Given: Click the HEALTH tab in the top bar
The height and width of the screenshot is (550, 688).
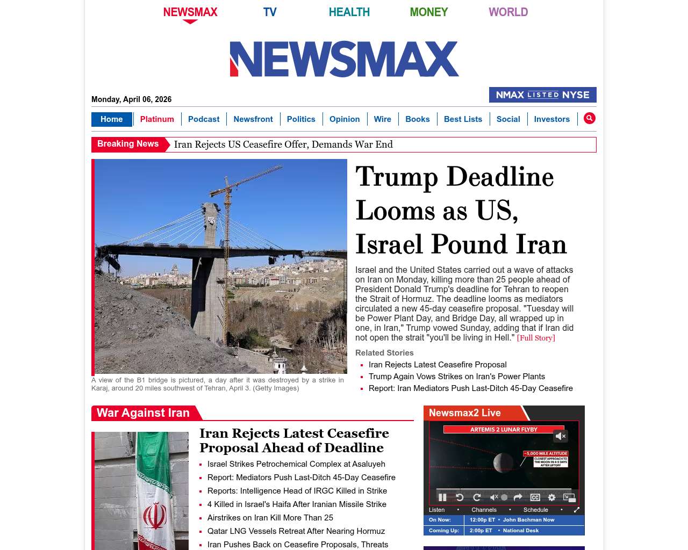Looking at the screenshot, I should coord(349,12).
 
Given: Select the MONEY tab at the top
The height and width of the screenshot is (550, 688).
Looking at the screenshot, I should coord(428,12).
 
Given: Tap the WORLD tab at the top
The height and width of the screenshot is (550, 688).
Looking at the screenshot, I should coord(508,12).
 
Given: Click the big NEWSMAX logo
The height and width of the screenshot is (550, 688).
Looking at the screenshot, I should coord(344,59).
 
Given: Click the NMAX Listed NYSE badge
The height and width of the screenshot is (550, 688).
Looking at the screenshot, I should coord(542,95).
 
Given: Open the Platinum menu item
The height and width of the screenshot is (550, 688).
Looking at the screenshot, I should coord(157,119).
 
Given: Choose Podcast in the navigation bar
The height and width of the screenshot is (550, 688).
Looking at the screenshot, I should coord(204,119).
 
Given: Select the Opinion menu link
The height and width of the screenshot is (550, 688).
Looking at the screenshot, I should coord(345,119).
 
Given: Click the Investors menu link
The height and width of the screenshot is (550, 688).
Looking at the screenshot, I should coord(551,119).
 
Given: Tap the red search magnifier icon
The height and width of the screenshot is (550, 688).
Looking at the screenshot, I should coord(590,118).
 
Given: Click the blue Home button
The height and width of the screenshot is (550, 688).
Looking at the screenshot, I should coord(111,119).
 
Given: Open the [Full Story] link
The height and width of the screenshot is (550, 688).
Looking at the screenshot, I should coord(536,338).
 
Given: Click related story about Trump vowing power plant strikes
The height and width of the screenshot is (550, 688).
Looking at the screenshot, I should coord(457,377).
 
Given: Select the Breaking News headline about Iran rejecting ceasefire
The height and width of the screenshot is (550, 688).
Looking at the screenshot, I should coord(283,144).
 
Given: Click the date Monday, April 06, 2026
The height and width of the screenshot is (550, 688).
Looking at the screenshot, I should coord(131,99).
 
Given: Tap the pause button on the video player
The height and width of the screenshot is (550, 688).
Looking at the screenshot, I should coord(442,497).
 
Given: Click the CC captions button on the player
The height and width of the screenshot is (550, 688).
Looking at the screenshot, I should coord(535,497).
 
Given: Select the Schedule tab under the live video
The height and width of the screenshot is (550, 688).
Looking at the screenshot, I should coord(536,510).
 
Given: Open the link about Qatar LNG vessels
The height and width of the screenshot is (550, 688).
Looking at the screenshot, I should coord(296,531).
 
